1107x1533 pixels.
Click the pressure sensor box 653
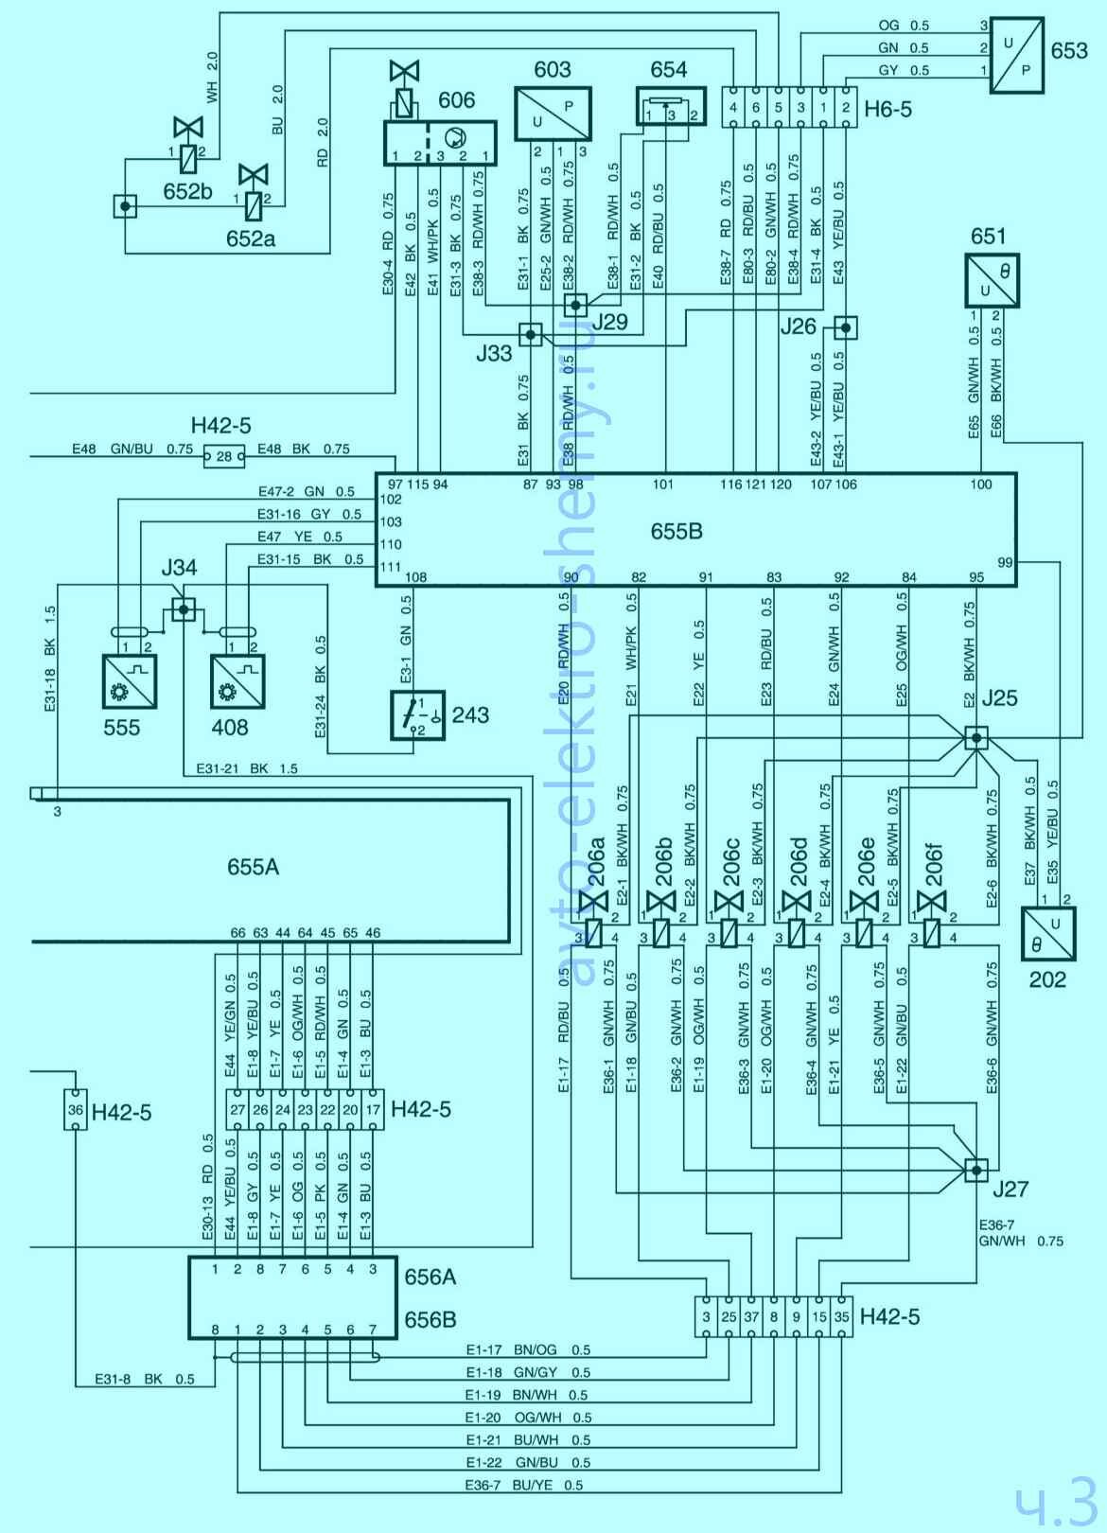coord(1017,55)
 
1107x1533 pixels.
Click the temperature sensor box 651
coord(992,280)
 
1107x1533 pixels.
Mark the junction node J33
coord(531,334)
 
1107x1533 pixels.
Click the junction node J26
coord(845,327)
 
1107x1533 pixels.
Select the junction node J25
coord(975,738)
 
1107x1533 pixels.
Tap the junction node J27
coord(975,1171)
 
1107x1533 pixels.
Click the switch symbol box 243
coord(415,715)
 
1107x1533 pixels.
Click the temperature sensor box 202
coord(1048,936)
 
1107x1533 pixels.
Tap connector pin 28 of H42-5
coord(224,457)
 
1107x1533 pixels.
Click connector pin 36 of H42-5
coord(76,1110)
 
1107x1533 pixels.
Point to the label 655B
coord(676,531)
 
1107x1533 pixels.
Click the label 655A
coord(254,867)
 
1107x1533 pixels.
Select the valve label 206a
coord(596,861)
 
